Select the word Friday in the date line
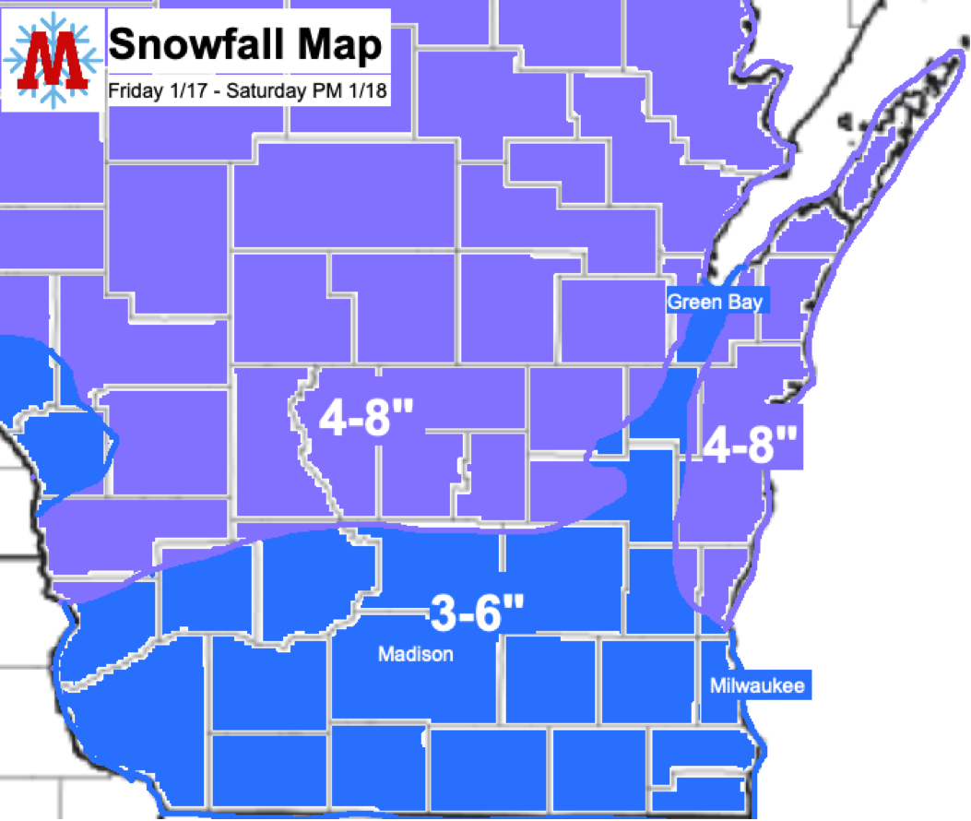tap(128, 91)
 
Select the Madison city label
tap(416, 654)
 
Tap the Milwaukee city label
tap(757, 685)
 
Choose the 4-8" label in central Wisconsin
tap(365, 420)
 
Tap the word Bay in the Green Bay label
tap(745, 302)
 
